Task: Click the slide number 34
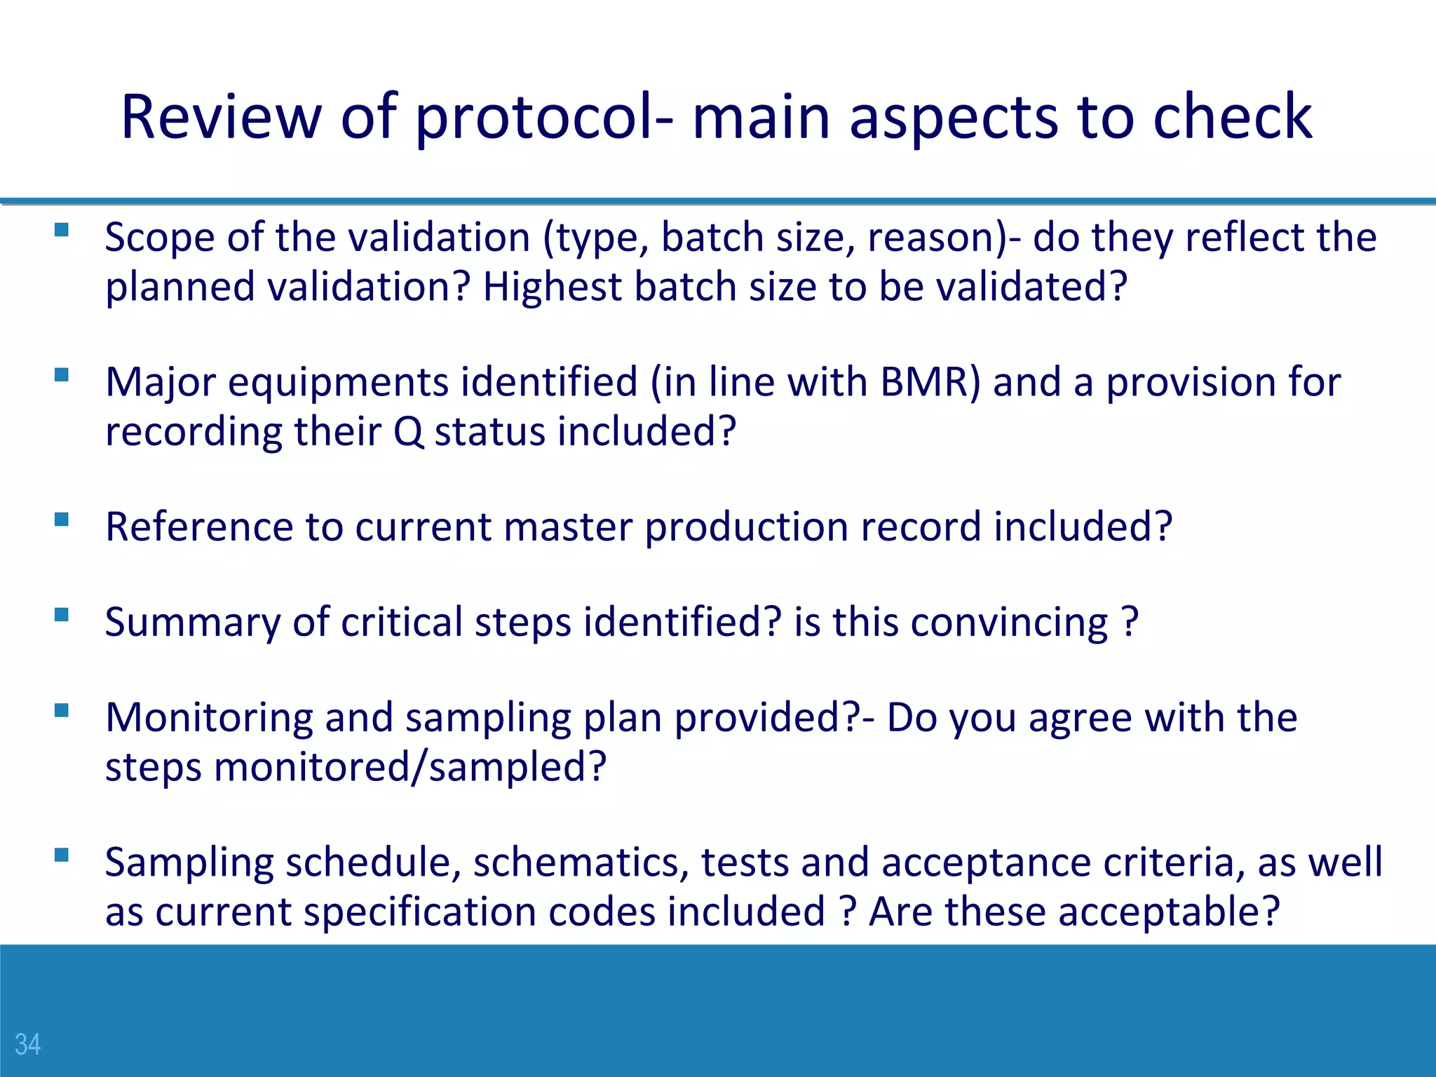pyautogui.click(x=27, y=1044)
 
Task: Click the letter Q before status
pyautogui.click(x=408, y=432)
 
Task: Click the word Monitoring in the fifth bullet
pyautogui.click(x=209, y=718)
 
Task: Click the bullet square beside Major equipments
pyautogui.click(x=62, y=374)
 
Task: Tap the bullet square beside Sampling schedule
pyautogui.click(x=62, y=855)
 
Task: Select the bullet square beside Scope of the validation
pyautogui.click(x=62, y=230)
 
